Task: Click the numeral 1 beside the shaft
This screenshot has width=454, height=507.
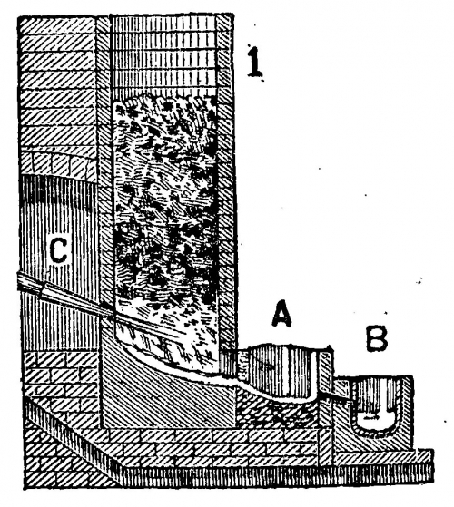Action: coord(256,62)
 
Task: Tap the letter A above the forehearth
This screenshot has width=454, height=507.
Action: coord(281,313)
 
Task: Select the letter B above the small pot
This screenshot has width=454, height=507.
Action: coord(376,338)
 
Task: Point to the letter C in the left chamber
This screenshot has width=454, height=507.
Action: coord(59,250)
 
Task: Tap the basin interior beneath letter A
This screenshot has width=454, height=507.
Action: coord(281,372)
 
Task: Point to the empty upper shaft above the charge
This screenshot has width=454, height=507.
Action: coord(163,55)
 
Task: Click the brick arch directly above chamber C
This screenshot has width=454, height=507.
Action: coord(58,165)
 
